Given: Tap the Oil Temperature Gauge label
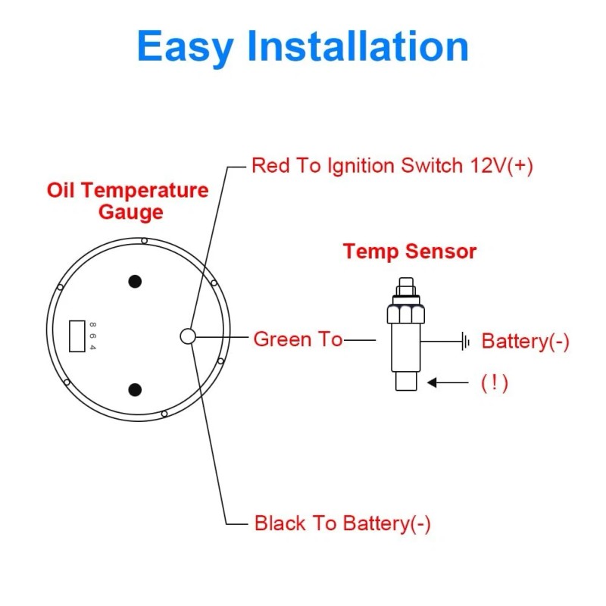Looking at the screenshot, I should (x=127, y=200).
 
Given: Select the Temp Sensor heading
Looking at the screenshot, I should (x=410, y=251).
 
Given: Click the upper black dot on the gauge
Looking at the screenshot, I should (x=135, y=282).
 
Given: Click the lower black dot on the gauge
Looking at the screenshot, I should (x=135, y=390).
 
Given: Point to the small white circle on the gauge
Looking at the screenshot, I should (x=187, y=336).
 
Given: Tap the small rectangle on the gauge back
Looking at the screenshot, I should (x=77, y=336).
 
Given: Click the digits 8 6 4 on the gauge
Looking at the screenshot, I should (x=93, y=336).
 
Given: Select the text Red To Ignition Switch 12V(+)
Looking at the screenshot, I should (x=392, y=166).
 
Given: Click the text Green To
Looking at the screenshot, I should (x=298, y=339).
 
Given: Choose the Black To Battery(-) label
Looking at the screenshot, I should (x=342, y=523).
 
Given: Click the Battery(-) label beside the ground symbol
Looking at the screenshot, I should (x=525, y=342).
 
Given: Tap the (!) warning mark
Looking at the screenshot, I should (x=494, y=383).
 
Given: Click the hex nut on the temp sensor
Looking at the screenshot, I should (x=405, y=312).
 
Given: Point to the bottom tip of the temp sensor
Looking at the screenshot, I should (x=406, y=380).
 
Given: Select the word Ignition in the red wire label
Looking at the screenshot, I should (x=358, y=166).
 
